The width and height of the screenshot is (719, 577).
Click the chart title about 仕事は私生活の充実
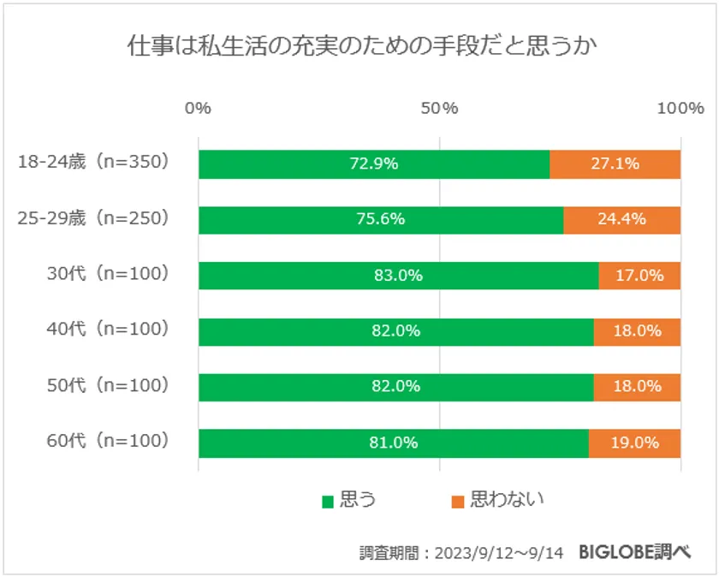pos(360,46)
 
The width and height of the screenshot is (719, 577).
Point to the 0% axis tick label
pos(198,108)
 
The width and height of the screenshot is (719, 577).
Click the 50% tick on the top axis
pos(439,108)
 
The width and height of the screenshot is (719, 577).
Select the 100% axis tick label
pos(680,108)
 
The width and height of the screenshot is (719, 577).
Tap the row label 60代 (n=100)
pos(108,442)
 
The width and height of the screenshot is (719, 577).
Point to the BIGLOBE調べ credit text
pos(633,552)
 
